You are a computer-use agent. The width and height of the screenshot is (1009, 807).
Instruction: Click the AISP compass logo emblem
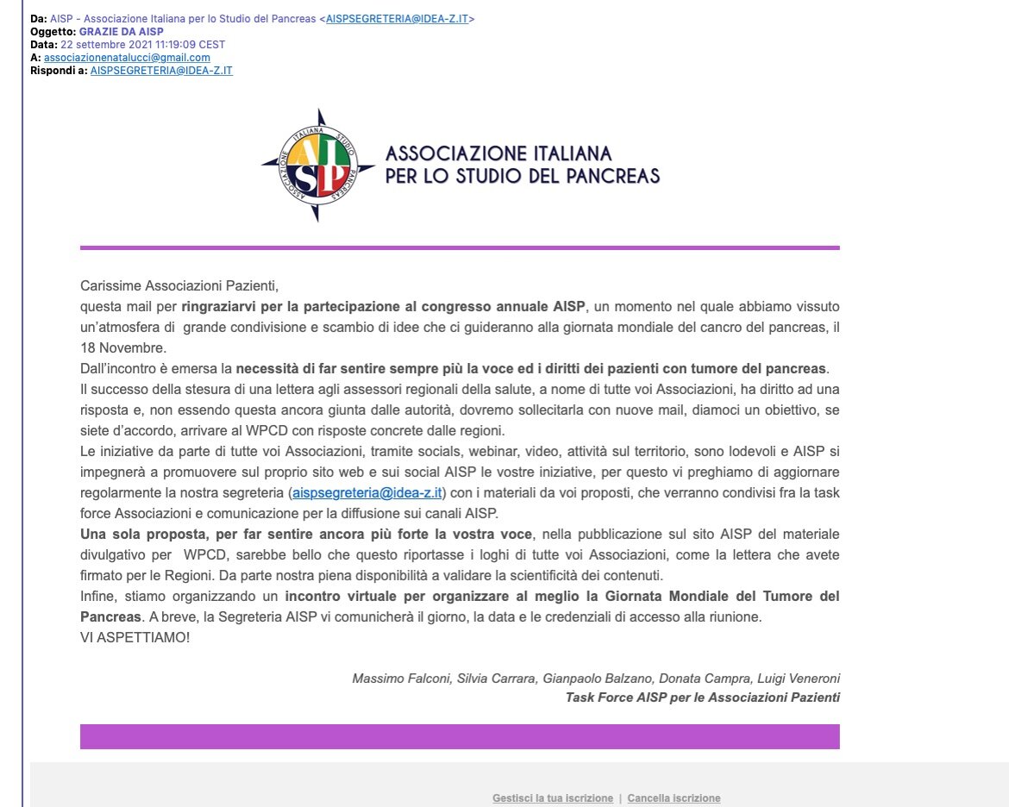pos(318,165)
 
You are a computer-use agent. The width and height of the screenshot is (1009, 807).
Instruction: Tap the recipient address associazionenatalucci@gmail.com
pos(127,58)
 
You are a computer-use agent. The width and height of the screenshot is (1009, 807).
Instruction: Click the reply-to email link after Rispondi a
pos(161,71)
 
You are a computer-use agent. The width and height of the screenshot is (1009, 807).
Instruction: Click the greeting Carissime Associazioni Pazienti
pos(180,285)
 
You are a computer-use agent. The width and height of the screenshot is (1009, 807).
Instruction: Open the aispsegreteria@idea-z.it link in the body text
pos(367,492)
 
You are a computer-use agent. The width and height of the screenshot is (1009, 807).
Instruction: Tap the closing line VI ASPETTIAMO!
pos(135,637)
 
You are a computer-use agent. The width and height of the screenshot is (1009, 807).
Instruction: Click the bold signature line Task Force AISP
pos(702,698)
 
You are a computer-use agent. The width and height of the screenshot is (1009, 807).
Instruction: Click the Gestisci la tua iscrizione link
pos(553,798)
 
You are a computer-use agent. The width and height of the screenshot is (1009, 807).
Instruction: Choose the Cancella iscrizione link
pos(674,798)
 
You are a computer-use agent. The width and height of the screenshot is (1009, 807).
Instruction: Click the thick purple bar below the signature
pos(460,736)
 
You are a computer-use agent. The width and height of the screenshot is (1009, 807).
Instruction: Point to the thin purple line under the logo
pos(460,247)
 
